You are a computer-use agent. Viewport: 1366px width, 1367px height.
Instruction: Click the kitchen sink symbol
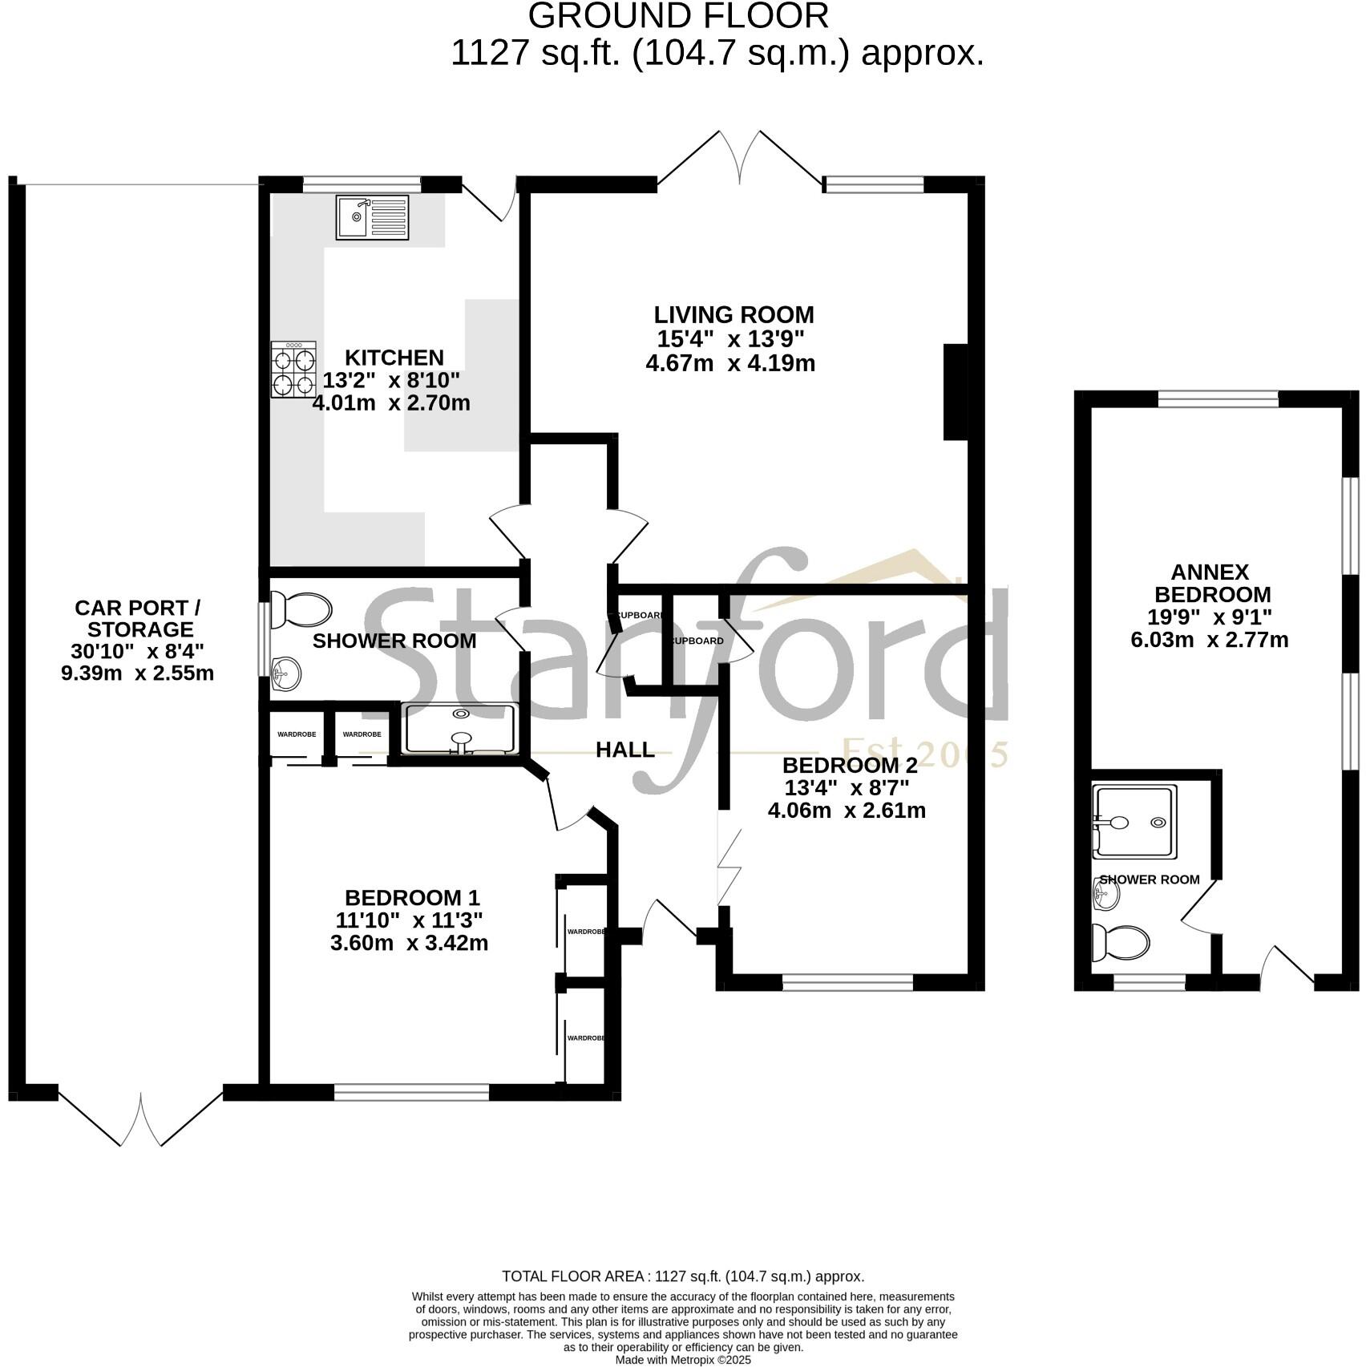point(372,217)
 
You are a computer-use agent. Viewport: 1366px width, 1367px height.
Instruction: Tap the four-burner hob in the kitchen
point(293,370)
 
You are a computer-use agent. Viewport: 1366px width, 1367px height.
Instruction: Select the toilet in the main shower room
point(300,610)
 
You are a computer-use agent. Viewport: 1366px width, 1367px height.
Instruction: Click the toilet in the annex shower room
point(1120,943)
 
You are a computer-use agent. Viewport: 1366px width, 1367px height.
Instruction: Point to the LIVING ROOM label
point(733,314)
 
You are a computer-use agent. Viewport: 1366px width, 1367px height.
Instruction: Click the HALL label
point(624,750)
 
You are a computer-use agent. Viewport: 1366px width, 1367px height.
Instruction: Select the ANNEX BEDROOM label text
point(1210,583)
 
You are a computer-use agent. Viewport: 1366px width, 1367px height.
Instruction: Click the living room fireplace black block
point(955,391)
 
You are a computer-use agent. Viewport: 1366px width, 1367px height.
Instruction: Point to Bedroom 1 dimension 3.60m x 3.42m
point(409,943)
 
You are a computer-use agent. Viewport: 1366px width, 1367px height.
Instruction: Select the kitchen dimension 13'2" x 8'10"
point(391,379)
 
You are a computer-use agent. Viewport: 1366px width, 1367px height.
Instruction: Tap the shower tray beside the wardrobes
point(460,729)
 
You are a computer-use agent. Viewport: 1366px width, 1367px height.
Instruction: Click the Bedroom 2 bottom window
point(847,982)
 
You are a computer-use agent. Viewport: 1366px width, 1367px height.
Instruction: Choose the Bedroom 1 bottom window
point(411,1092)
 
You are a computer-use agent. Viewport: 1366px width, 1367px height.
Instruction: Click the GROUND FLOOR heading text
point(678,16)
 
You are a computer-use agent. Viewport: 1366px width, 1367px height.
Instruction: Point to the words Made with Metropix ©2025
point(683,1360)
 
